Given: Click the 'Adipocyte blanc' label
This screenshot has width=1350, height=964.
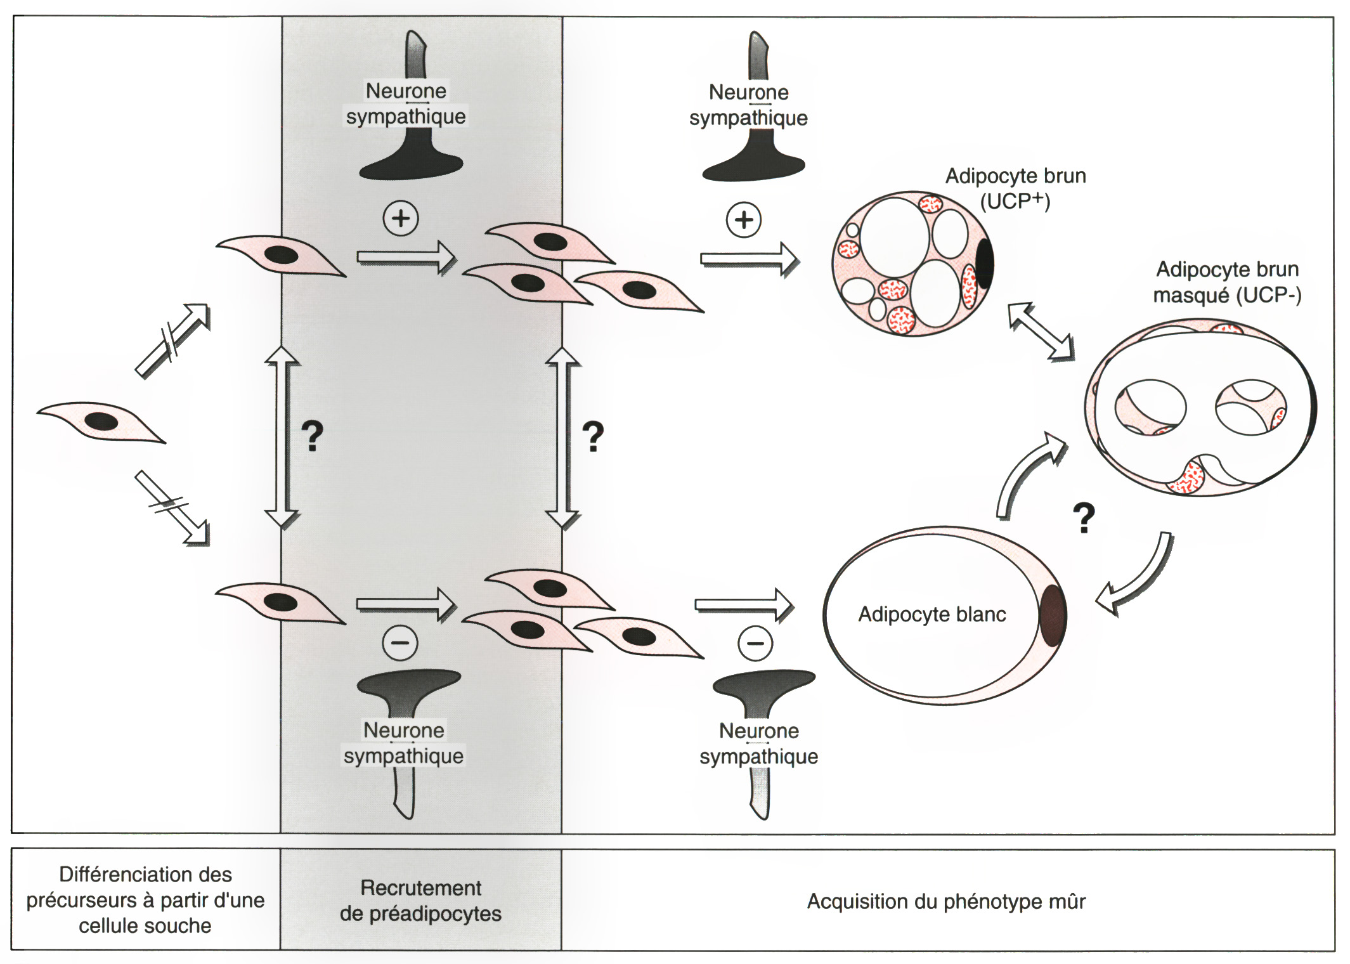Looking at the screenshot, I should pyautogui.click(x=931, y=614).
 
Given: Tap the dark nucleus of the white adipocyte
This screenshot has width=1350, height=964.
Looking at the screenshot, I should pyautogui.click(x=1052, y=615).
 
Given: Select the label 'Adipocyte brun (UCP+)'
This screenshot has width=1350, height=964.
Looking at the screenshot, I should pyautogui.click(x=1015, y=188).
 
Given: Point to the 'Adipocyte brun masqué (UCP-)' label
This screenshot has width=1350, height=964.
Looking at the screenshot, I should pyautogui.click(x=1227, y=282).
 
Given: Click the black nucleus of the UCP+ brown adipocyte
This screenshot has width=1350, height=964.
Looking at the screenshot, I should pyautogui.click(x=984, y=264).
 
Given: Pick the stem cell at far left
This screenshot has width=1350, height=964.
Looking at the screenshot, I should pyautogui.click(x=101, y=421).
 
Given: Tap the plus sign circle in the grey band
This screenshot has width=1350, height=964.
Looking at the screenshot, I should pyautogui.click(x=401, y=218).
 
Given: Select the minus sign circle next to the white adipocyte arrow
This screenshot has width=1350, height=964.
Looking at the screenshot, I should pyautogui.click(x=755, y=643).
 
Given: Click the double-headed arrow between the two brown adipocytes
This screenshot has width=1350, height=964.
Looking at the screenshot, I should pyautogui.click(x=1041, y=332).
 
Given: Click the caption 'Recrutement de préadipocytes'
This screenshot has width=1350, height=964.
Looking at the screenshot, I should pyautogui.click(x=420, y=901).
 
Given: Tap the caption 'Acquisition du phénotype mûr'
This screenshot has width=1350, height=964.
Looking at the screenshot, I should pyautogui.click(x=945, y=901).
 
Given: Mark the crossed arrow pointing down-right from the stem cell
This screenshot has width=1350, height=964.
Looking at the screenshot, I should pyautogui.click(x=172, y=507).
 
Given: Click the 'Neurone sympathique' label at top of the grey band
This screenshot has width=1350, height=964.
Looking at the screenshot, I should pyautogui.click(x=406, y=103).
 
